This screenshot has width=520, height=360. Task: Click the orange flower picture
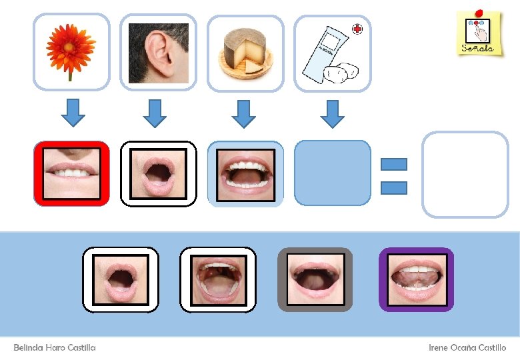pyautogui.click(x=71, y=52)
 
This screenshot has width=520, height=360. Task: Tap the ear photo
pyautogui.click(x=158, y=53)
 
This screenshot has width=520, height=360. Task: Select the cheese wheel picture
pyautogui.click(x=245, y=53)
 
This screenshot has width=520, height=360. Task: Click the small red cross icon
pyautogui.click(x=359, y=29)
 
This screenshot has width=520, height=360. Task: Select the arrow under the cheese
pyautogui.click(x=243, y=113)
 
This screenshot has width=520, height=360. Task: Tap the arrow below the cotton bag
pyautogui.click(x=332, y=113)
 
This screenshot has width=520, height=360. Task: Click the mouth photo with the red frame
pyautogui.click(x=71, y=173)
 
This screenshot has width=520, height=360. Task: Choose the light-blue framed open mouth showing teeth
pyautogui.click(x=245, y=173)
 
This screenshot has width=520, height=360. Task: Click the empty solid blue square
pyautogui.click(x=332, y=173)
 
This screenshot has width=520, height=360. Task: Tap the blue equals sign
pyautogui.click(x=393, y=176)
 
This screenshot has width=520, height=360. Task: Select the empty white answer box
pyautogui.click(x=465, y=174)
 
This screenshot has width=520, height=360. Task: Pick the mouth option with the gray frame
pyautogui.click(x=315, y=279)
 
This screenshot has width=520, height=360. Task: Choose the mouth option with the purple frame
pyautogui.click(x=416, y=279)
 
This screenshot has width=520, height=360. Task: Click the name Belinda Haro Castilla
pyautogui.click(x=55, y=347)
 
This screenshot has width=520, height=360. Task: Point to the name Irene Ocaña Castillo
pyautogui.click(x=467, y=347)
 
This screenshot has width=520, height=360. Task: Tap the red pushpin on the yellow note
pyautogui.click(x=480, y=13)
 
